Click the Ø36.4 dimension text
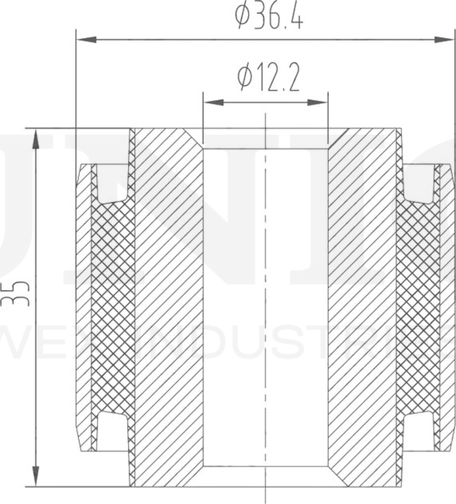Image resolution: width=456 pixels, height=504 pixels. [x=268, y=16]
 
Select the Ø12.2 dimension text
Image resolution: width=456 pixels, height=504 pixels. [x=268, y=78]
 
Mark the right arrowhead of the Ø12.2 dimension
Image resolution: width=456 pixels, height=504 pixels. [x=321, y=102]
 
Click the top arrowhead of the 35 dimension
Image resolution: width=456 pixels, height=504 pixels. [x=36, y=136]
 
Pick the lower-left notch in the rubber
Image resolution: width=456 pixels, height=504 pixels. [x=113, y=430]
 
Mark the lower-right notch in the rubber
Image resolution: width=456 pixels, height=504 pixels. [x=419, y=430]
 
